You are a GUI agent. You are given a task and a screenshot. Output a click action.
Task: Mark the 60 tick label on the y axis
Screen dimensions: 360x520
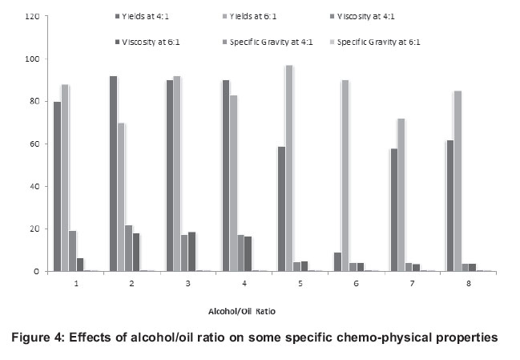[x=31, y=144]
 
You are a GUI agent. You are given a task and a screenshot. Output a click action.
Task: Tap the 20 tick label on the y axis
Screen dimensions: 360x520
[x=31, y=229]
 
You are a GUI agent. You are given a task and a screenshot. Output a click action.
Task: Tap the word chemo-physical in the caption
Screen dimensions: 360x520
[x=361, y=336]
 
